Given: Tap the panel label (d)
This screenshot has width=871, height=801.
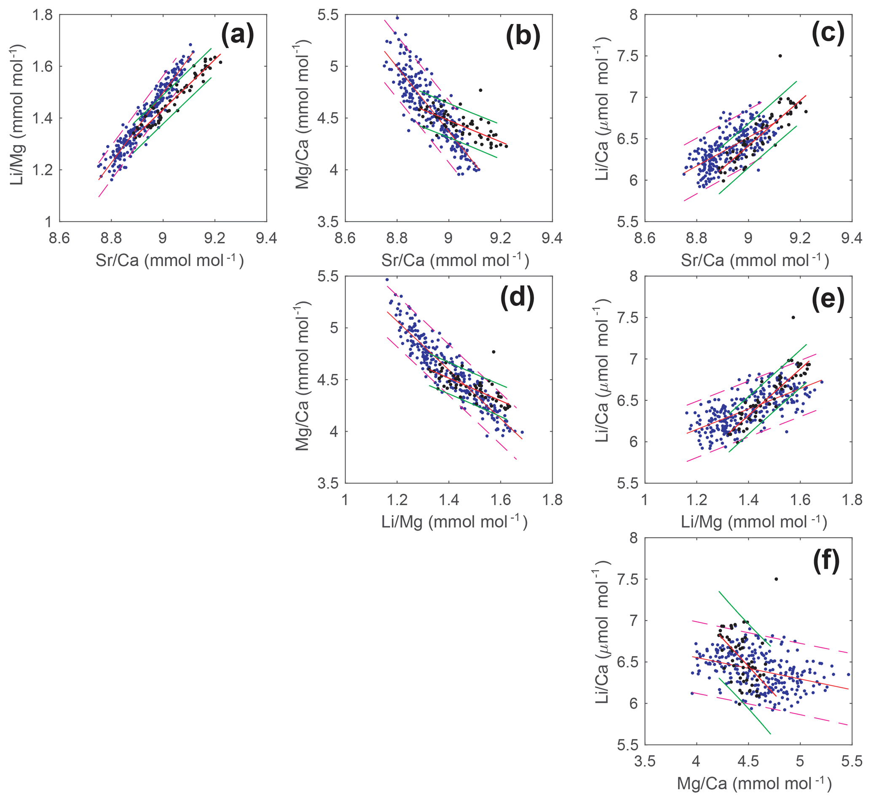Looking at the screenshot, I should point(517,299).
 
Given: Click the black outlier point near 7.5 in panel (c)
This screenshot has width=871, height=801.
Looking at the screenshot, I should point(780,56).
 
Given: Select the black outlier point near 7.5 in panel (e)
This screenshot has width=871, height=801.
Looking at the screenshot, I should point(793,317).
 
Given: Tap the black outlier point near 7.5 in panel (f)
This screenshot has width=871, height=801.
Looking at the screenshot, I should point(776,579).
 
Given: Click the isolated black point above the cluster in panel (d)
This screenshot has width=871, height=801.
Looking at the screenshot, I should point(493,351).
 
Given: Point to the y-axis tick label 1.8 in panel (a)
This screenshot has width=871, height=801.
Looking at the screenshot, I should point(42,15).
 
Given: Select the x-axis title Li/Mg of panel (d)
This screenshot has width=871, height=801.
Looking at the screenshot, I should point(454,522).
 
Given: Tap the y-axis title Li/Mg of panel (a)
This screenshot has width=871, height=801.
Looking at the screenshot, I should point(17,118).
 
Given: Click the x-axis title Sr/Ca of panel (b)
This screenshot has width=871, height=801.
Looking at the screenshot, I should point(455,260).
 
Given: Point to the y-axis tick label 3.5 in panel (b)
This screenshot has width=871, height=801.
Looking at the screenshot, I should point(328,222).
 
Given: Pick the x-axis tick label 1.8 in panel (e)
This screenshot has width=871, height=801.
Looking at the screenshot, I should point(852,500).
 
